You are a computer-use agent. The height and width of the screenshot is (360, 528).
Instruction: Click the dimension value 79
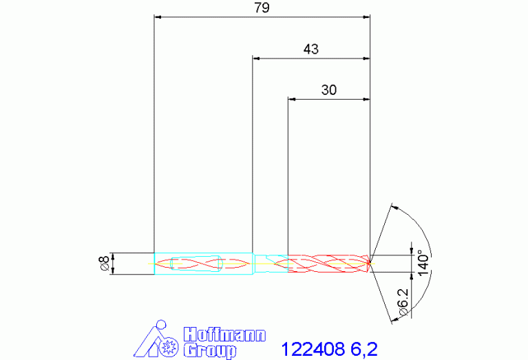pos(262,8)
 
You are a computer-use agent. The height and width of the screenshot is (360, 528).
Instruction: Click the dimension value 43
pos(310,49)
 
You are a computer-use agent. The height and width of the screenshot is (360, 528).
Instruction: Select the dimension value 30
pos(328,90)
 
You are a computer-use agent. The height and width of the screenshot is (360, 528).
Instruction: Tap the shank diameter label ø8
pos(104,264)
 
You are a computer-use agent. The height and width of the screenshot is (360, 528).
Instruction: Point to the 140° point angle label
pos(424,263)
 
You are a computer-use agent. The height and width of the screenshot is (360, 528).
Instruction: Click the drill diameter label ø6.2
pos(403,302)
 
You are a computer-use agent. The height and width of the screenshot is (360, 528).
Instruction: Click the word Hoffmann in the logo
pos(224,335)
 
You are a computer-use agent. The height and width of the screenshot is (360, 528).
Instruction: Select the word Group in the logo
pos(210,350)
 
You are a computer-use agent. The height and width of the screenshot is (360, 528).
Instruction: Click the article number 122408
pos(313,349)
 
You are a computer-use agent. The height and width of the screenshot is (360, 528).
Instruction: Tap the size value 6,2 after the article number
pos(364,349)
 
